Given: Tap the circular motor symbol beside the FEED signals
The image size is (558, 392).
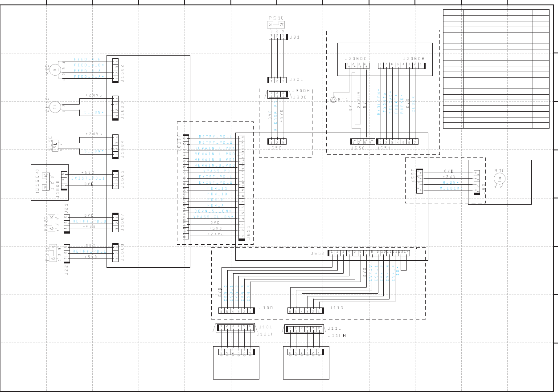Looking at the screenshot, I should point(55,69).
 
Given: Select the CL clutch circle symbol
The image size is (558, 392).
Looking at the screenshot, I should point(55,107).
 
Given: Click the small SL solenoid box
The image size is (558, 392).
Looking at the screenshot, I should point(55,145).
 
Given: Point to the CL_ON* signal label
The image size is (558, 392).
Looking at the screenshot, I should point(93,113).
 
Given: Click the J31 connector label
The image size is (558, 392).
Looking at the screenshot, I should point(295,37).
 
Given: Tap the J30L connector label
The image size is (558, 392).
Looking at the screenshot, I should point(296,80).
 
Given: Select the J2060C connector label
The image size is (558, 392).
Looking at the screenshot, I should point(356,58).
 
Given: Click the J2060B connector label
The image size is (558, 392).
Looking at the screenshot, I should point(414,58).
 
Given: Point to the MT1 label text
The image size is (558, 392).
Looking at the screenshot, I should point(342,100).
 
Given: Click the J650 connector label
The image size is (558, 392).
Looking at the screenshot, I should point(358,148).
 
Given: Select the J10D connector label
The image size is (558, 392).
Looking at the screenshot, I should point(266,307).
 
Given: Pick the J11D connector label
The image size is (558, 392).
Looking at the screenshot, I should point(336,307).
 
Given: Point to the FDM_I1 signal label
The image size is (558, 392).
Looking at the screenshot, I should point(217,188).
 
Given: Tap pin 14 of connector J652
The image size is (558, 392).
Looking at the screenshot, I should point(407,253).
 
